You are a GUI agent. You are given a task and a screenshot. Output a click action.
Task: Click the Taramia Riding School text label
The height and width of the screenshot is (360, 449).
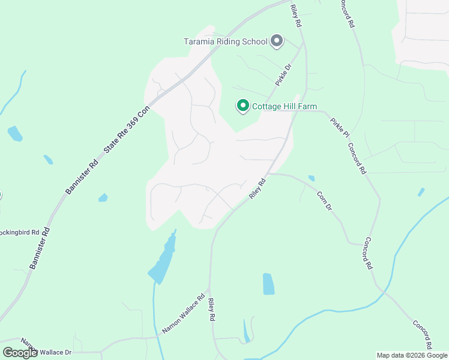[225, 41]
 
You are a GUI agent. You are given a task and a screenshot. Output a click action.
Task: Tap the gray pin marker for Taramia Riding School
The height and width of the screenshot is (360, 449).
[277, 41]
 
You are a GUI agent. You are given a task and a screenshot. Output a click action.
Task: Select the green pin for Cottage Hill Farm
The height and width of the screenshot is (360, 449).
[243, 106]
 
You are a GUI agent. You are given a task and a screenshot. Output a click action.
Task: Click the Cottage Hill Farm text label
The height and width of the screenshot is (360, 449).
[284, 107]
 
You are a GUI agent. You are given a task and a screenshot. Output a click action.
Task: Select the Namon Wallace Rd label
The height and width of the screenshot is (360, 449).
[184, 313]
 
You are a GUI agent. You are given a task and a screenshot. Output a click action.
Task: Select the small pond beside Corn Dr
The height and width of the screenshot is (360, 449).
[311, 178]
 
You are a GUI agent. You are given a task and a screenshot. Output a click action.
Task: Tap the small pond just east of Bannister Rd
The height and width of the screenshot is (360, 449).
[103, 197]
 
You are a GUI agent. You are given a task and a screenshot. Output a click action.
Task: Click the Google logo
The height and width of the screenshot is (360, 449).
[20, 353]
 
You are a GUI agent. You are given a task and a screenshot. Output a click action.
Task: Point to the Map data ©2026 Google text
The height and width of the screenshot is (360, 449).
[411, 355]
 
